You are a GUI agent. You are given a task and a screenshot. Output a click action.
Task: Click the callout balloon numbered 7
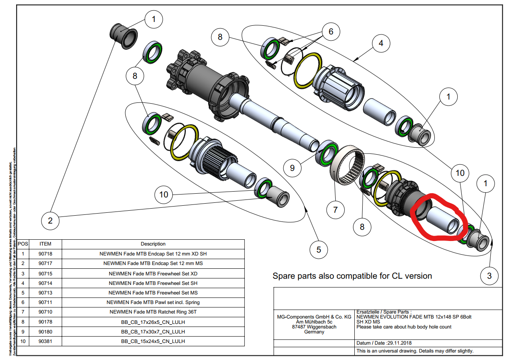(x=335, y=210)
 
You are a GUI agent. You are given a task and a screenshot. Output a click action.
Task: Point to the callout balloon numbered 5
(x=319, y=250)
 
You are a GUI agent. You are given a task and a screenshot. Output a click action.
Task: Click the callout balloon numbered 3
(x=490, y=276)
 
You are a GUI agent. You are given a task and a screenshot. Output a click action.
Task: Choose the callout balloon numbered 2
(x=50, y=220)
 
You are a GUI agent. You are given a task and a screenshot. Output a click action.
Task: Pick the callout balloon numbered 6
(x=331, y=31)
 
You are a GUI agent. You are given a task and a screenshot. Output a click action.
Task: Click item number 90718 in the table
(x=45, y=254)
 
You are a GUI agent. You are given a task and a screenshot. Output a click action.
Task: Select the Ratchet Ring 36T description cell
(x=153, y=312)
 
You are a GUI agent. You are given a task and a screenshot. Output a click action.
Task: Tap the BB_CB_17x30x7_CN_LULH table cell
(x=153, y=332)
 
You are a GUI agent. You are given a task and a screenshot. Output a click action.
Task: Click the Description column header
(x=153, y=244)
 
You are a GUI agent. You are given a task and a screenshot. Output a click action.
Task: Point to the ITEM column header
(x=45, y=244)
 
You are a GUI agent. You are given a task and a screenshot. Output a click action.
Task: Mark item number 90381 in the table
(x=45, y=341)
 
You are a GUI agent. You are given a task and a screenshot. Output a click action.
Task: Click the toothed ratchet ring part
(x=348, y=168)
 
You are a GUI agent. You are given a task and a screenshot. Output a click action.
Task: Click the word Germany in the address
(x=314, y=332)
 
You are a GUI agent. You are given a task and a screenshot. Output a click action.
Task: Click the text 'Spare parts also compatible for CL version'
(x=352, y=276)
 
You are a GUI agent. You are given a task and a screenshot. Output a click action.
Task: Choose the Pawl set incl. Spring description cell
(x=153, y=302)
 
